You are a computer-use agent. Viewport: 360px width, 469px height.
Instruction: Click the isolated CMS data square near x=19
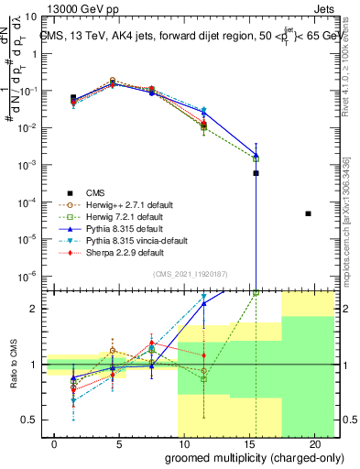308,213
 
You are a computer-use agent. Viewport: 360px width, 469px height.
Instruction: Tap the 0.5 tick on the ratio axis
29,420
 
